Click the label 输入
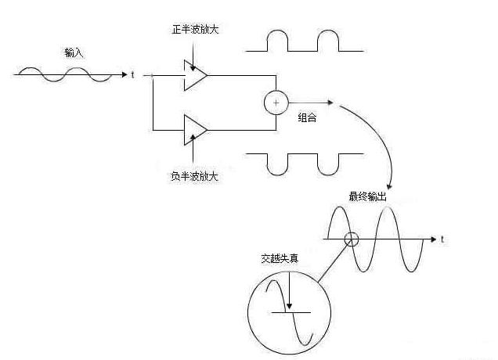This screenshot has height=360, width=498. coord(74,53)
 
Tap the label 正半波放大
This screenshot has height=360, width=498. coord(194,29)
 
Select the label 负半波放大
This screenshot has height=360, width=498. coord(194,175)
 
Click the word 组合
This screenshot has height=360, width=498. coord(307,117)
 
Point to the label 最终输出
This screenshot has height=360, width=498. coord(367,196)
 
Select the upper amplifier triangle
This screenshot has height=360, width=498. coord(195,76)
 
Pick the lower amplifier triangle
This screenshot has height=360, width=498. coord(195,128)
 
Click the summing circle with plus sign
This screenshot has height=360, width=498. coord(276,103)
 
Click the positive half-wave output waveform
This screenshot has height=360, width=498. coord(305,42)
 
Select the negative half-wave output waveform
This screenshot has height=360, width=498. coord(305,162)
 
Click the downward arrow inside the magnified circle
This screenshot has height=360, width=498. coord(289,293)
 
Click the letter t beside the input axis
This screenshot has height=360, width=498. coord(133,75)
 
